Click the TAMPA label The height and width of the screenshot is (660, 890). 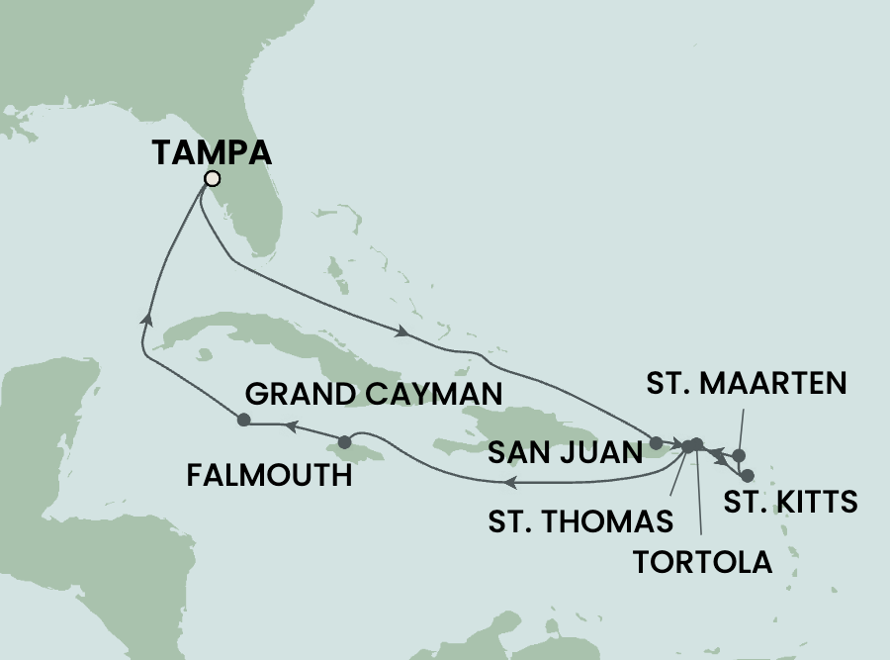pos(212,152)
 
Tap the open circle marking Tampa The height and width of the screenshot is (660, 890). pos(211,179)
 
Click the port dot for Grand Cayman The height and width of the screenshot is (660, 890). pos(243,421)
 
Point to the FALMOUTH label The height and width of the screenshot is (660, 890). pos(270,477)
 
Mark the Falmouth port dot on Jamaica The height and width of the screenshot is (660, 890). pos(344,441)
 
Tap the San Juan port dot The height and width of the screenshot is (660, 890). pos(656,441)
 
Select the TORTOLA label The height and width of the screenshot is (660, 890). pos(701,562)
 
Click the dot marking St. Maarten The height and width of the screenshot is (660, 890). pos(737,456)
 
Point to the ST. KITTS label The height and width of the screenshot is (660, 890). pos(790,502)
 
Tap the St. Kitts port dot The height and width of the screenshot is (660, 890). pos(747,475)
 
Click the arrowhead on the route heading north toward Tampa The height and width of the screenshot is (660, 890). pos(147,318)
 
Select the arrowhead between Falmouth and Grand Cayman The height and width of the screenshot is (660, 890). pos(292,426)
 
